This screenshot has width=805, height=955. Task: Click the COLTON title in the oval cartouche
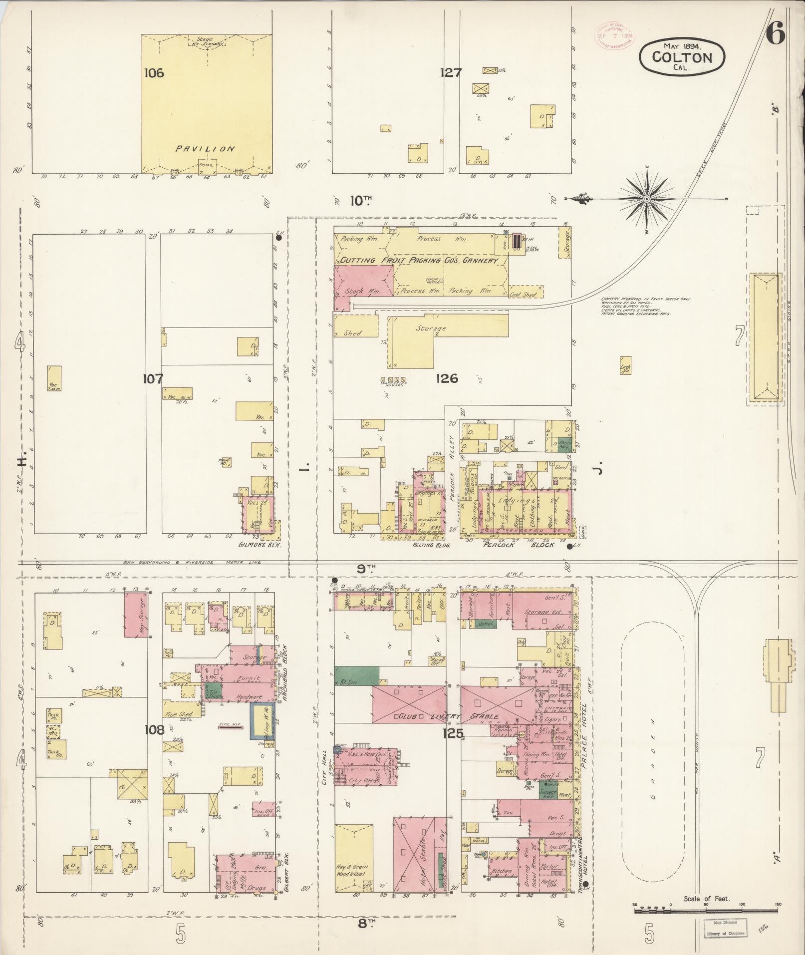coord(682,57)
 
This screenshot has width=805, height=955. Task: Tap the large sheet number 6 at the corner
coord(776,35)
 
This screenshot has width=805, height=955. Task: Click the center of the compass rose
coord(647,199)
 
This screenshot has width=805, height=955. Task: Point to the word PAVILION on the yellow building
coord(205,148)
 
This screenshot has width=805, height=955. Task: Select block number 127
coord(450,73)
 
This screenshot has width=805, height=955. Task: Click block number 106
coord(154,73)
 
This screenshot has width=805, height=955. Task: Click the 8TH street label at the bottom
coord(367,923)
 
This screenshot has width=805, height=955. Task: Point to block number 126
coord(446,378)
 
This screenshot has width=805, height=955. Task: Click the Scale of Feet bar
coord(706,911)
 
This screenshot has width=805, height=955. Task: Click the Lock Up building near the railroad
coord(625,365)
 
